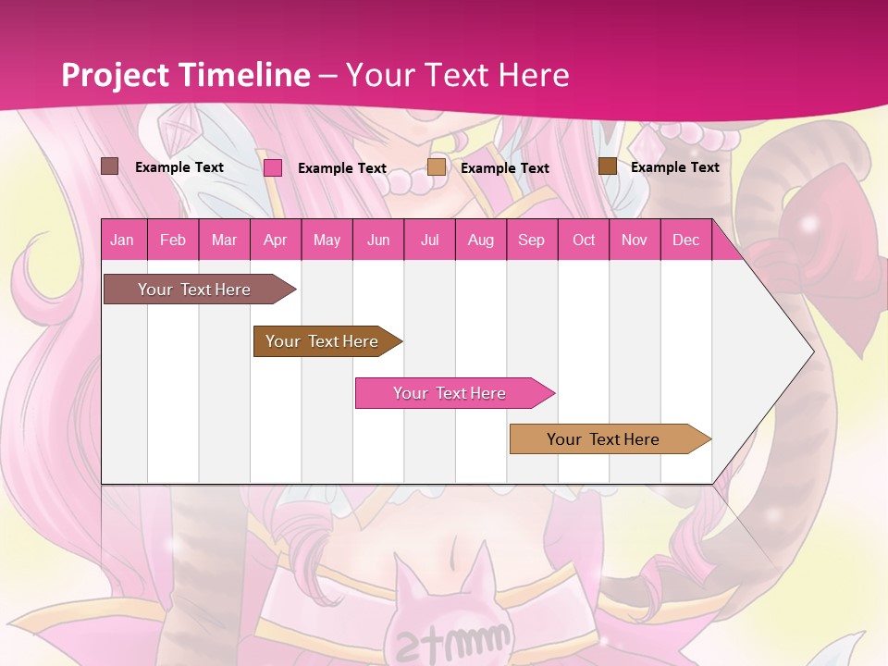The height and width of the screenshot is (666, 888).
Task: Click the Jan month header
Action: [123, 240]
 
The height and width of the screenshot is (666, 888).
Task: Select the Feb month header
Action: [173, 240]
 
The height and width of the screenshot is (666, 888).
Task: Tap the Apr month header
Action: [275, 240]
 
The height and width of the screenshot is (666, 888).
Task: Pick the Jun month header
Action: [378, 240]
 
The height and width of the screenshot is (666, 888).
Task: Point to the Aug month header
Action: [480, 240]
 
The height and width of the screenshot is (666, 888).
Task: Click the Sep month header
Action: [531, 240]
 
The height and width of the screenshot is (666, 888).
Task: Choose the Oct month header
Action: [584, 240]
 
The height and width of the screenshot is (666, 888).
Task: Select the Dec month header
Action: [685, 240]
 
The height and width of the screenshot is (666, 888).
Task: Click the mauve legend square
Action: [110, 166]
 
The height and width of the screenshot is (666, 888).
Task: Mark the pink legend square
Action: [273, 167]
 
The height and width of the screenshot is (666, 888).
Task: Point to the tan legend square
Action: [437, 167]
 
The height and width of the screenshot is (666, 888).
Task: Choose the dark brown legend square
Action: [607, 166]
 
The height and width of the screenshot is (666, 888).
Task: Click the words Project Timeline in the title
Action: [186, 75]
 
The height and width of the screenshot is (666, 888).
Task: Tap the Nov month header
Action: [635, 240]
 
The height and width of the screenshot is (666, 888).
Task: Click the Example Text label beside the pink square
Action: [342, 168]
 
